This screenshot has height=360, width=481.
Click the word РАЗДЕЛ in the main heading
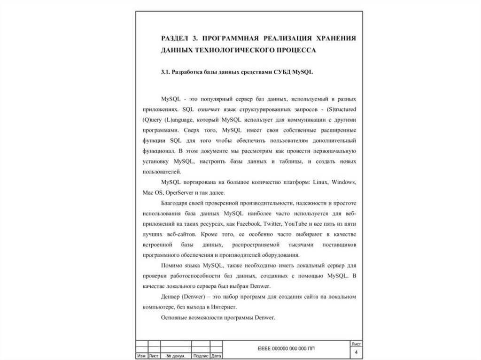(175, 38)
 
